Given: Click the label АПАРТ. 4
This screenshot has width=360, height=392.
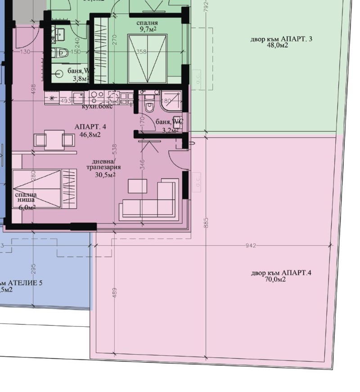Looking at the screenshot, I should pos(90,127).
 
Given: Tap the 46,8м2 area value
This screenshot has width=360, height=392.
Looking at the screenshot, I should pos(90,134).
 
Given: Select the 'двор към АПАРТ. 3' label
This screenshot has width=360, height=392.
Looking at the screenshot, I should pos(281,39).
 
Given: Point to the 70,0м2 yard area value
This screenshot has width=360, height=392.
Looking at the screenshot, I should pos(276,279).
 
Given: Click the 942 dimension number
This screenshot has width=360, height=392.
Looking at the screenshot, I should pos(251,245).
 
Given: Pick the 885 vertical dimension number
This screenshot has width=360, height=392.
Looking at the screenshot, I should pos(206,223).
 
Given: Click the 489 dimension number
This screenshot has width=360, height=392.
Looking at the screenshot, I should pos(114,293).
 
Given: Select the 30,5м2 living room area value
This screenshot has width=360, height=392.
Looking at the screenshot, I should pos(105,175).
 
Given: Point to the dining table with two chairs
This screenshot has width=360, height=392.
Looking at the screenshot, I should pos(54,139).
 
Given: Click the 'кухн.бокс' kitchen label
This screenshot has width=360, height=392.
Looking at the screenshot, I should pos(97,107).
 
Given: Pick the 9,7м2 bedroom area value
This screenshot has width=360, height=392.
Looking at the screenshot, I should pos(147,29).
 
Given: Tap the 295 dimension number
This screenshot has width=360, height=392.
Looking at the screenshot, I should pos(33,269).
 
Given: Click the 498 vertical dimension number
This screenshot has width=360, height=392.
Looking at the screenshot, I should pos(33,88).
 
